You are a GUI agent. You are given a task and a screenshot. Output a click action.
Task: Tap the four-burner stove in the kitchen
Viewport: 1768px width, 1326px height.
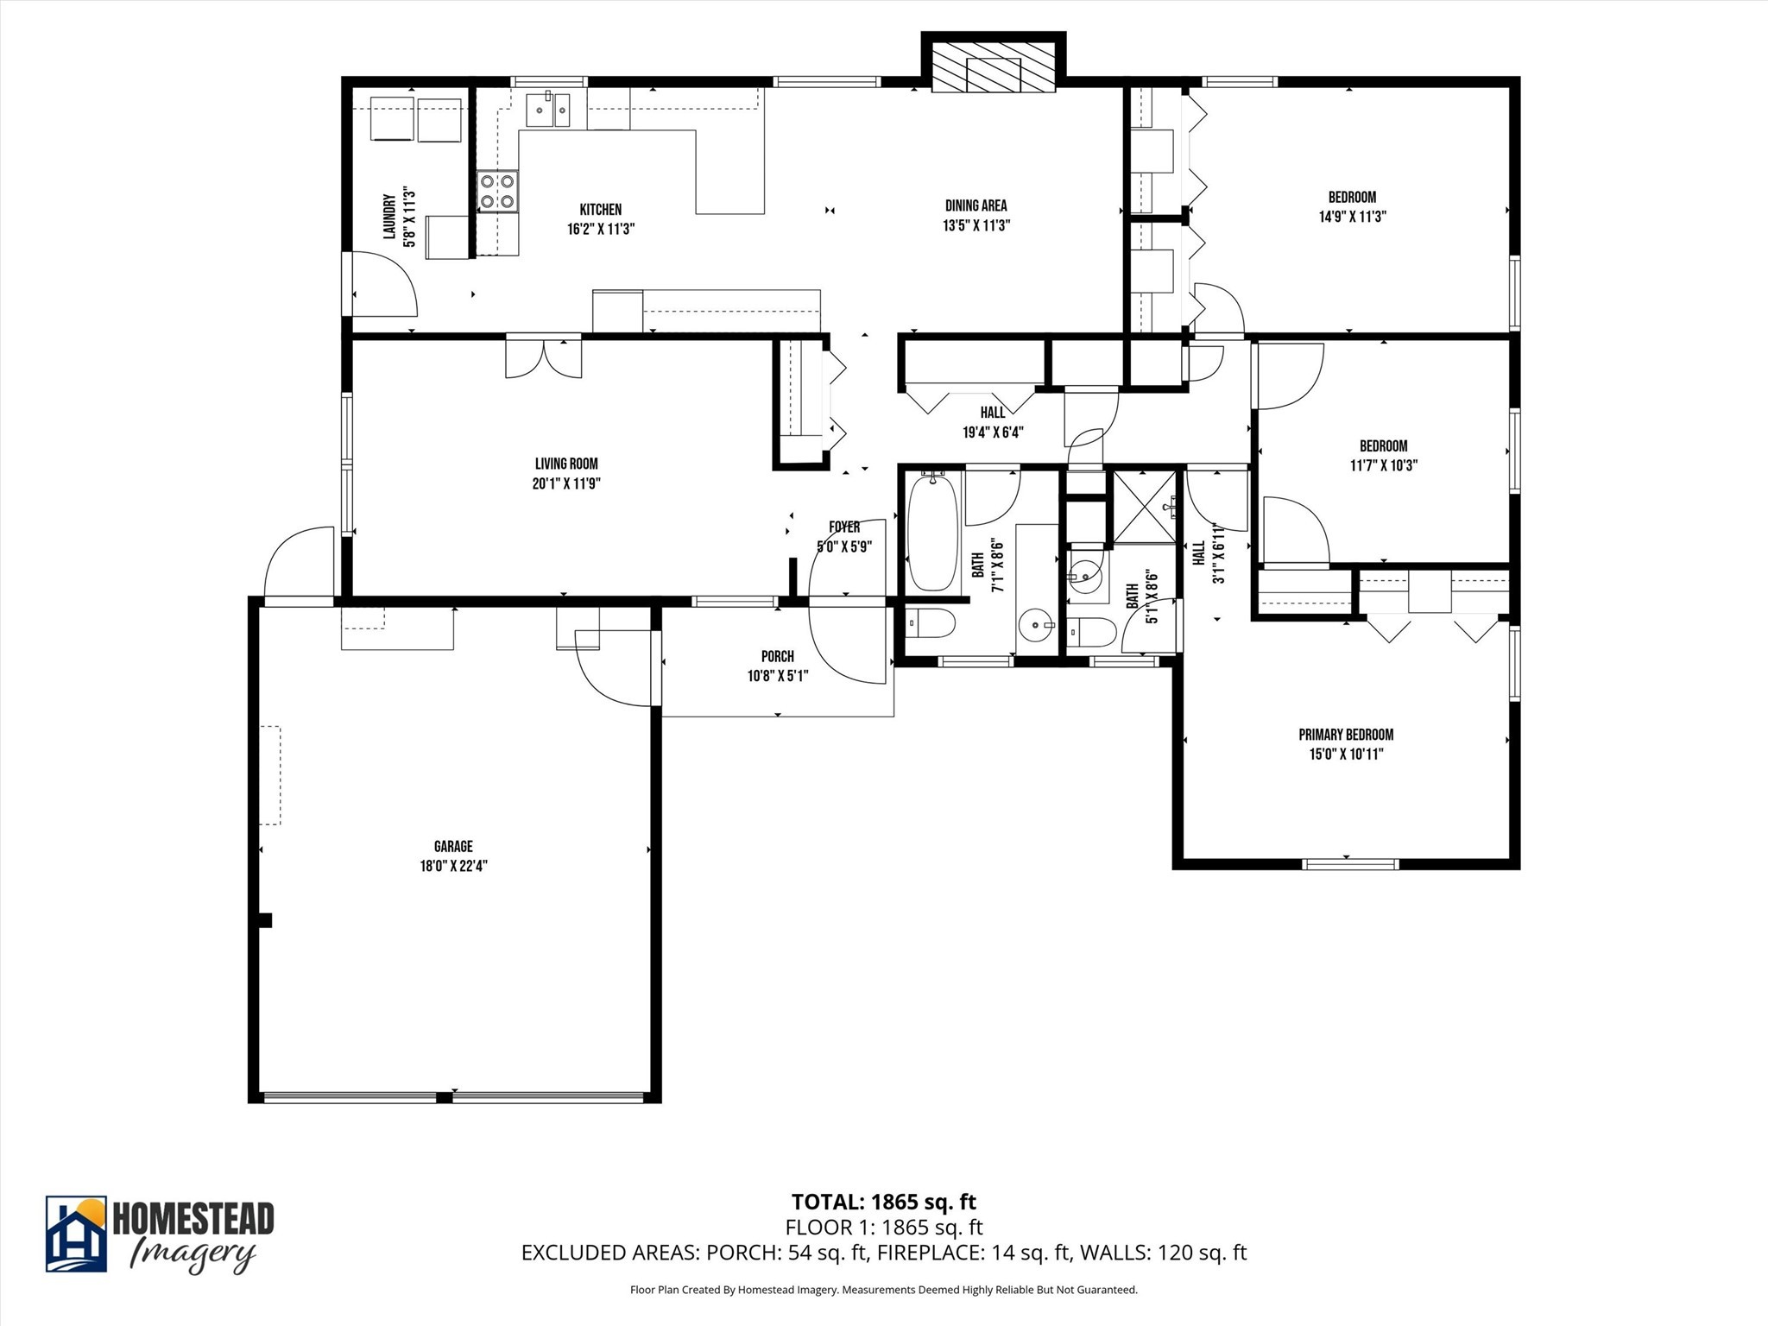pyautogui.click(x=498, y=192)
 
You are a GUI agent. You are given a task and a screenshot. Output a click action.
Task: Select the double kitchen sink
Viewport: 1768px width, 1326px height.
pyautogui.click(x=548, y=110)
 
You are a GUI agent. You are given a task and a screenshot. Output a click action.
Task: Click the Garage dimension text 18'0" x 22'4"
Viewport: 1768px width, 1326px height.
pyautogui.click(x=454, y=866)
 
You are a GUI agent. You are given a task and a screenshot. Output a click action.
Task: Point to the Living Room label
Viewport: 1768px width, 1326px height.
pyautogui.click(x=566, y=464)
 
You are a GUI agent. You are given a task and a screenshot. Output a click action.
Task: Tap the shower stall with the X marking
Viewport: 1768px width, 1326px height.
pyautogui.click(x=1145, y=507)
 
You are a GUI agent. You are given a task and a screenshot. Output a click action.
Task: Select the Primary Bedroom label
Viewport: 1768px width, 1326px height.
pyautogui.click(x=1346, y=735)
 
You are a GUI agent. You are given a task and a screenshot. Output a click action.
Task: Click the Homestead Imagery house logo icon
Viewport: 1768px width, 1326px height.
pyautogui.click(x=76, y=1234)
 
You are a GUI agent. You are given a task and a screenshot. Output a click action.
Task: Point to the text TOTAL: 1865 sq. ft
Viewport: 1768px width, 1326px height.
pyautogui.click(x=883, y=1202)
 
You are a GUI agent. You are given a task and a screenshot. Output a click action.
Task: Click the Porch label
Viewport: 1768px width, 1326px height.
pyautogui.click(x=777, y=657)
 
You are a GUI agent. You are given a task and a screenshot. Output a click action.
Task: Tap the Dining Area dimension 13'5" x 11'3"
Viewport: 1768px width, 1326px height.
pyautogui.click(x=976, y=225)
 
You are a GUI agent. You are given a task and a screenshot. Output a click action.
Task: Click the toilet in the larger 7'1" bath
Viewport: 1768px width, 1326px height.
pyautogui.click(x=931, y=622)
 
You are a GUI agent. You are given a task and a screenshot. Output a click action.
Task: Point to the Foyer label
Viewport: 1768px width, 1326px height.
pyautogui.click(x=844, y=527)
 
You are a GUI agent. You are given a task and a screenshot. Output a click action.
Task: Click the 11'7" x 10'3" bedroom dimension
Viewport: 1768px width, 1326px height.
pyautogui.click(x=1384, y=465)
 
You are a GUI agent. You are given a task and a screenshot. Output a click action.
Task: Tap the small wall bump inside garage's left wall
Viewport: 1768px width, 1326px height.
pyautogui.click(x=265, y=920)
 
